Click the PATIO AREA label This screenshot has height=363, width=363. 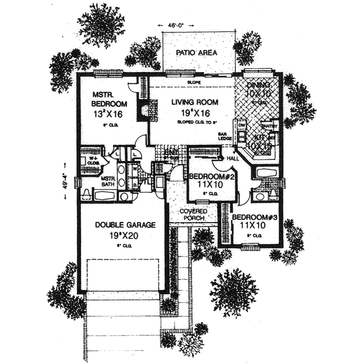pyautogui.click(x=196, y=53)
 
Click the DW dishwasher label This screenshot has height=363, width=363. pyautogui.click(x=241, y=125)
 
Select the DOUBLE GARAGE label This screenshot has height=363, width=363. pyautogui.click(x=125, y=224)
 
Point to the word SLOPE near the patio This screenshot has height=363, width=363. pyautogui.click(x=194, y=81)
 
